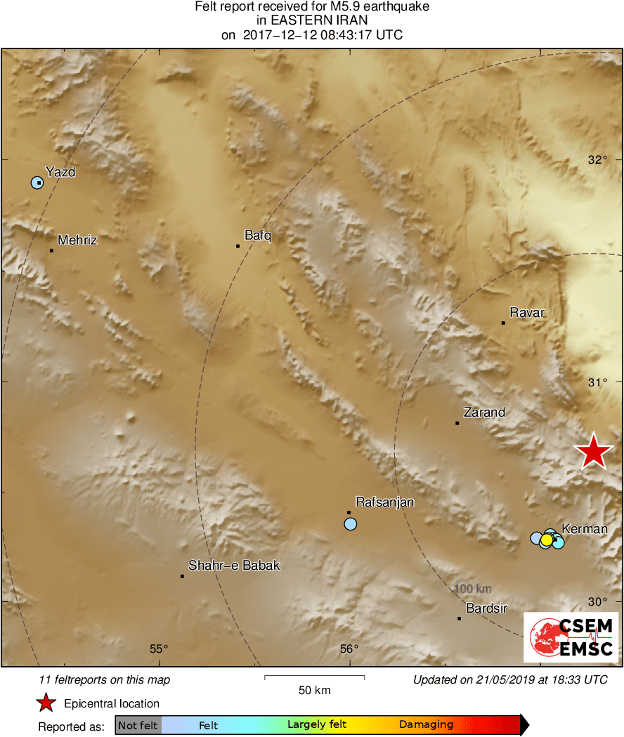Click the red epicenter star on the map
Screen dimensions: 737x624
tap(594, 452)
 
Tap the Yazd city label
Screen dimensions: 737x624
tap(60, 171)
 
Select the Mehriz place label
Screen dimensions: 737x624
tap(77, 240)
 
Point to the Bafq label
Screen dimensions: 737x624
tap(257, 235)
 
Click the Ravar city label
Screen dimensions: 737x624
tap(527, 313)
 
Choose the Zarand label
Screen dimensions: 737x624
tap(484, 412)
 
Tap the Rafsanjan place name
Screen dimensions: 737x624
tap(385, 502)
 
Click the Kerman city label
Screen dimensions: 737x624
tap(585, 529)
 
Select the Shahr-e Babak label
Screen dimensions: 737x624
tap(234, 566)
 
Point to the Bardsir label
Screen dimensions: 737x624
tap(486, 608)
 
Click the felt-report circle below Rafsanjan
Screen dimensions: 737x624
tap(351, 524)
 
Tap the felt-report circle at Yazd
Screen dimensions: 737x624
tap(37, 183)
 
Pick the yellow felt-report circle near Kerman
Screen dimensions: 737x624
tap(546, 540)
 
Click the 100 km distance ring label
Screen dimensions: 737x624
tap(473, 589)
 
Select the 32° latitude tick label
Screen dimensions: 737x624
tap(598, 159)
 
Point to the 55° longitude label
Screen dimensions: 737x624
tap(160, 648)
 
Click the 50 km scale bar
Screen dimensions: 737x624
tap(314, 678)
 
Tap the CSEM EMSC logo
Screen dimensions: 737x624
tap(571, 637)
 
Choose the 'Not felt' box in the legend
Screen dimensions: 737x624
tap(138, 725)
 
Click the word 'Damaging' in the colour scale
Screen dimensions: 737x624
tap(426, 725)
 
